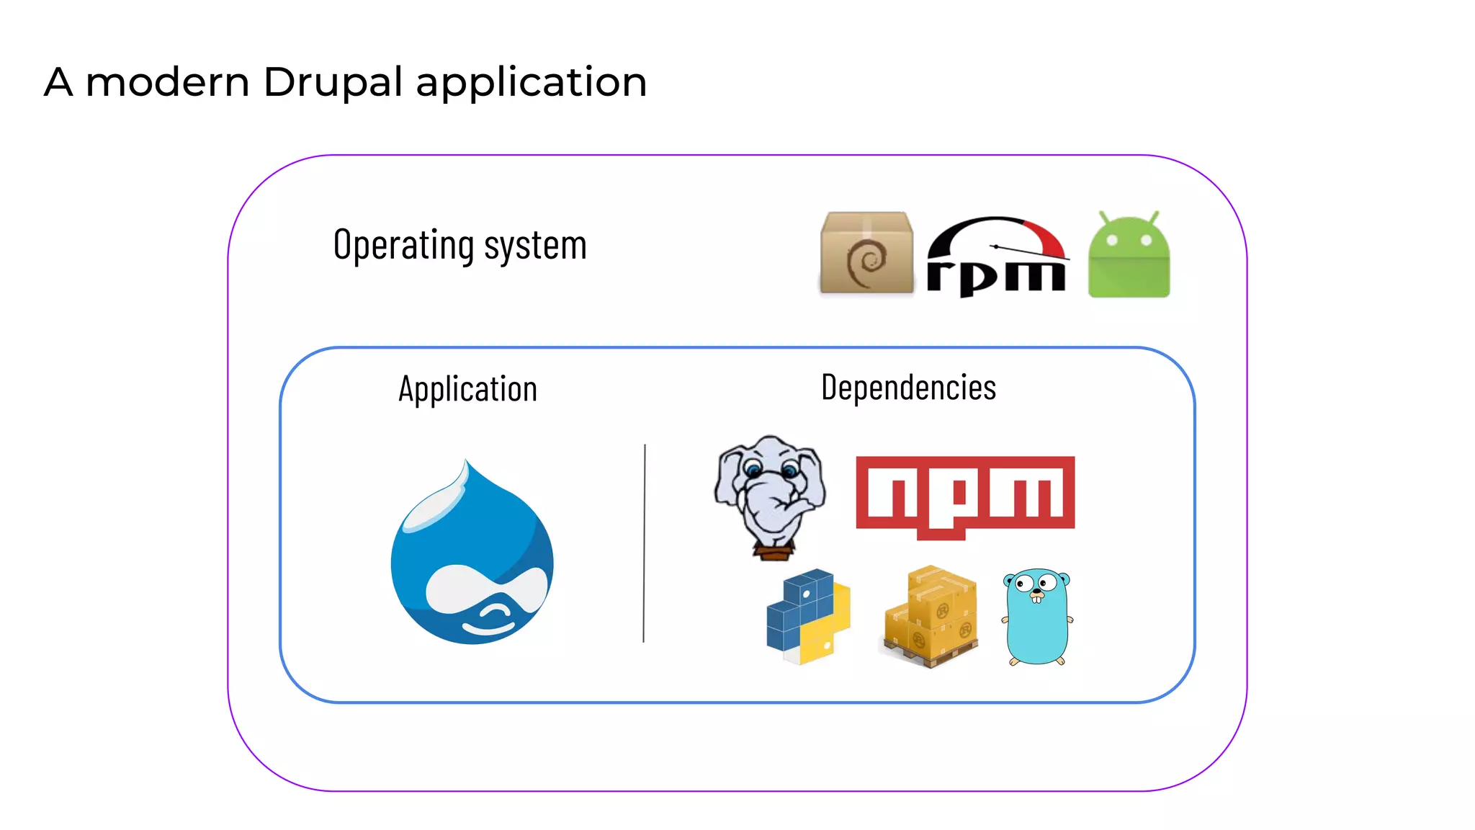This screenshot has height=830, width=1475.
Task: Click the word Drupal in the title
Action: pyautogui.click(x=333, y=82)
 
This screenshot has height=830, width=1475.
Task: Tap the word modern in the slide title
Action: pyautogui.click(x=167, y=82)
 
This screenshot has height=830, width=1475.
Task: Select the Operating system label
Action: pyautogui.click(x=459, y=245)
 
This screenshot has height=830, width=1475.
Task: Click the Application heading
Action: pyautogui.click(x=467, y=389)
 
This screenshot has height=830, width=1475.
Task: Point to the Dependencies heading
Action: pyautogui.click(x=908, y=388)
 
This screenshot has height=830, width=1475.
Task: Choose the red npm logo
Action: pyautogui.click(x=965, y=496)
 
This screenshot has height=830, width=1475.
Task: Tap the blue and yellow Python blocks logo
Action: pyautogui.click(x=808, y=616)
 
